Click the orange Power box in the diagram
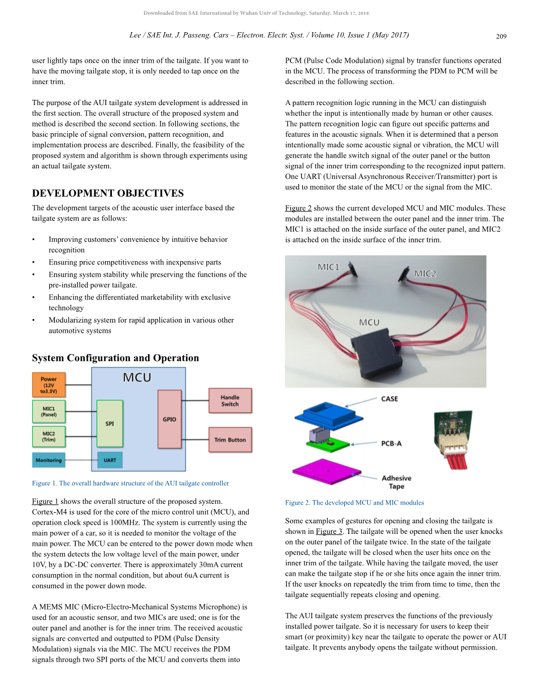(49, 385)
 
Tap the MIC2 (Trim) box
(49, 437)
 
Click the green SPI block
(110, 424)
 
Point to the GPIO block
(169, 419)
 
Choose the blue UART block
(110, 460)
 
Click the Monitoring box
(49, 460)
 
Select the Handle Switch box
(229, 401)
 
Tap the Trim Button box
(229, 440)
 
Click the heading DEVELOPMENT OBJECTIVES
(107, 193)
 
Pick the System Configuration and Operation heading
(115, 358)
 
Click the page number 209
(501, 36)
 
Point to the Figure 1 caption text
(131, 483)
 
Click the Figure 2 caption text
(354, 502)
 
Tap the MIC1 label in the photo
(328, 267)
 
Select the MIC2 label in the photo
(425, 273)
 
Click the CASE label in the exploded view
(389, 399)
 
